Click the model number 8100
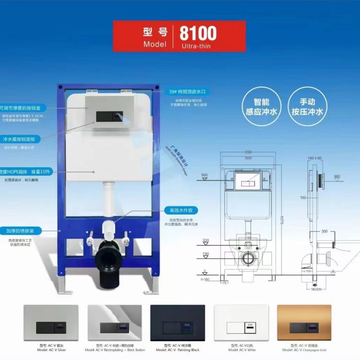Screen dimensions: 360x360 tap(198, 33)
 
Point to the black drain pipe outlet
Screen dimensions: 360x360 tap(108, 261)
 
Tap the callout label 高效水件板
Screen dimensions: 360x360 tap(181, 210)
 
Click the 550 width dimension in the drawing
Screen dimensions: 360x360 tap(249, 152)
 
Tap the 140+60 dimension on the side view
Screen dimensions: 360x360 tap(315, 158)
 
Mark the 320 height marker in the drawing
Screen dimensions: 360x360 tap(205, 240)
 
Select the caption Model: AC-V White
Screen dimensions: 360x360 tap(242, 350)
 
